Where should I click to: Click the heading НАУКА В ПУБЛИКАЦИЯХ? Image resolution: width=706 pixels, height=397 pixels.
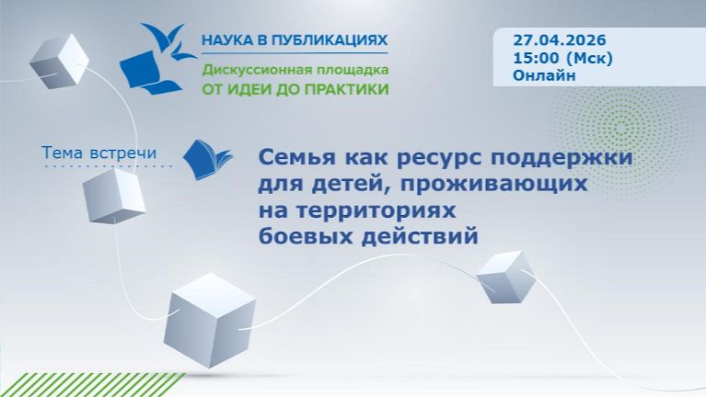pyautogui.click(x=295, y=41)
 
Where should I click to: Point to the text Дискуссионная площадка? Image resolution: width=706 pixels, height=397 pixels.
pyautogui.click(x=295, y=70)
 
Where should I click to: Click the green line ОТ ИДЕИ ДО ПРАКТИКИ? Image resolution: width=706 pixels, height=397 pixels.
pyautogui.click(x=295, y=89)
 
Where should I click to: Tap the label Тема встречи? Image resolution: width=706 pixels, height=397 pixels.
pyautogui.click(x=99, y=153)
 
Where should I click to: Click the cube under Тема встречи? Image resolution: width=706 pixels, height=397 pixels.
pyautogui.click(x=113, y=196)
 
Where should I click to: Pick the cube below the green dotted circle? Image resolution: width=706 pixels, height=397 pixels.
pyautogui.click(x=505, y=277)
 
